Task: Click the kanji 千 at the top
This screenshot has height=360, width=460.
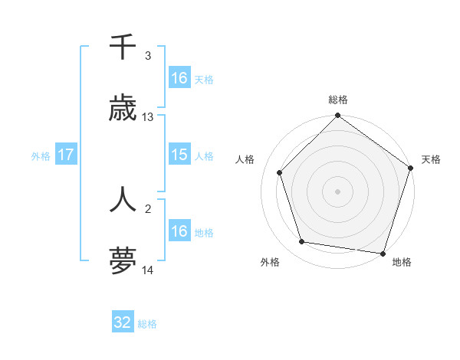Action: (x=123, y=48)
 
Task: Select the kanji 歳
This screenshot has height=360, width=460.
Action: (x=123, y=109)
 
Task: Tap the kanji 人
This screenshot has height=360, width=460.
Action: (x=123, y=200)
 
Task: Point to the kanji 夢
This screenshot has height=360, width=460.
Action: (x=123, y=261)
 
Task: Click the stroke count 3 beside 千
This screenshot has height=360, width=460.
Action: (x=148, y=56)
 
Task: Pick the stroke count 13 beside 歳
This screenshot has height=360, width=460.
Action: (x=148, y=117)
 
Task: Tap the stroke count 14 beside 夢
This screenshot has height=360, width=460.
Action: (x=148, y=270)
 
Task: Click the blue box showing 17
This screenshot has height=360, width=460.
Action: (x=66, y=155)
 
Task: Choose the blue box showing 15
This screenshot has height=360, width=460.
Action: (x=179, y=155)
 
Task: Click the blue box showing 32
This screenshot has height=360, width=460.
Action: (x=123, y=322)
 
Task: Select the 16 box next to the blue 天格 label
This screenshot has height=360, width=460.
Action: (x=179, y=78)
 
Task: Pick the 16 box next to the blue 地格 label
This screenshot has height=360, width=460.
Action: (x=179, y=231)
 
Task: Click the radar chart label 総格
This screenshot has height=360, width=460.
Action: (x=338, y=100)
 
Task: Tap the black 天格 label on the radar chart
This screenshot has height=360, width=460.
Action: (x=431, y=159)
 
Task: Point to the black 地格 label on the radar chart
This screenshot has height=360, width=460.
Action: (x=402, y=263)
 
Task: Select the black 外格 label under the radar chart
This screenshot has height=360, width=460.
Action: (x=270, y=263)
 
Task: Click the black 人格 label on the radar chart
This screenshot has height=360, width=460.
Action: (x=245, y=159)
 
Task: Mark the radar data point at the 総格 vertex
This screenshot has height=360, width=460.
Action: (x=337, y=116)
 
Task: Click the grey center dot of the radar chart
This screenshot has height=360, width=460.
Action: (x=337, y=191)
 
